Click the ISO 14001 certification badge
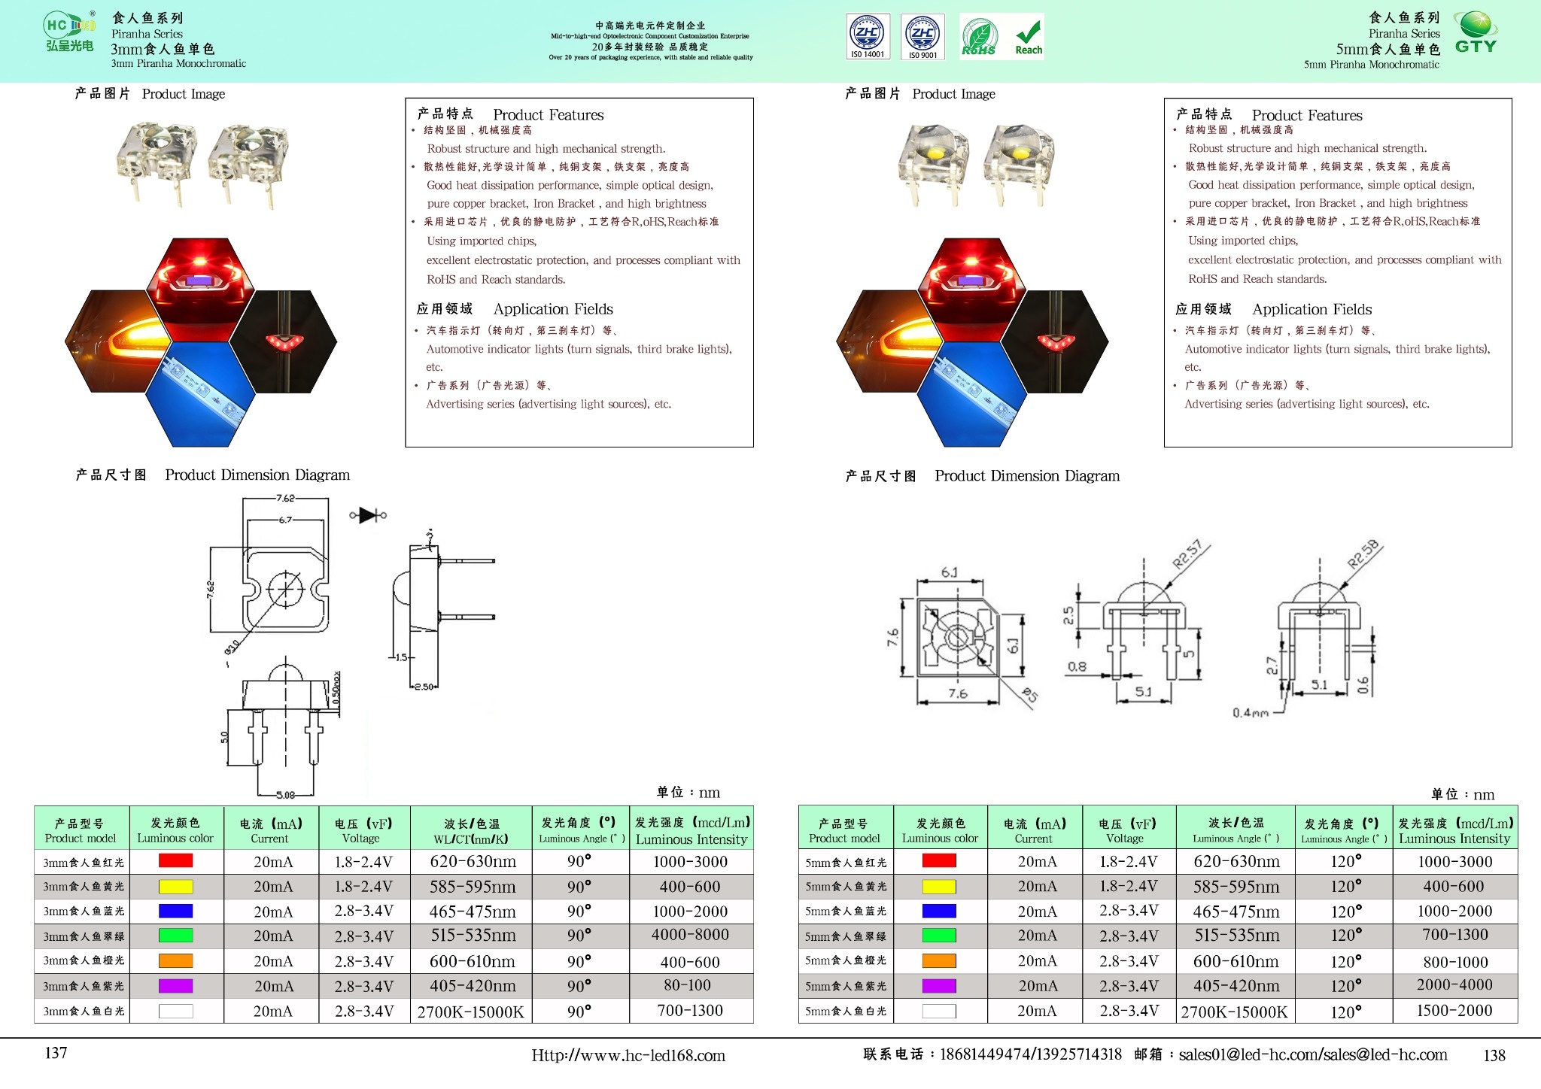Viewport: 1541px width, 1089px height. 868,36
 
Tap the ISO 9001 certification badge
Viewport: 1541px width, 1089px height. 922,36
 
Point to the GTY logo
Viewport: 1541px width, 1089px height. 1476,32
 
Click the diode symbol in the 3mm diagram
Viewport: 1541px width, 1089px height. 368,515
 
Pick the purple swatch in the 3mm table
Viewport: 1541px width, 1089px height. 175,986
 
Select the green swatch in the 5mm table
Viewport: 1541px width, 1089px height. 939,936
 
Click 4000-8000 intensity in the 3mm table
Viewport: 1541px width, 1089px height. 690,935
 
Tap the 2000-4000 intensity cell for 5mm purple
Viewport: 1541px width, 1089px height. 1454,985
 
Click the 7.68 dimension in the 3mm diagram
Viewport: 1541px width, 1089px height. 285,498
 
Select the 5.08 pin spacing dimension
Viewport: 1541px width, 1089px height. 285,795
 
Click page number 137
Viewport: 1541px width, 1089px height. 56,1053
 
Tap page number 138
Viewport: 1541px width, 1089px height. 1494,1055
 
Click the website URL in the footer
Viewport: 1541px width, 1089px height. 628,1055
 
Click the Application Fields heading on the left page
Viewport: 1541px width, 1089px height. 553,309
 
